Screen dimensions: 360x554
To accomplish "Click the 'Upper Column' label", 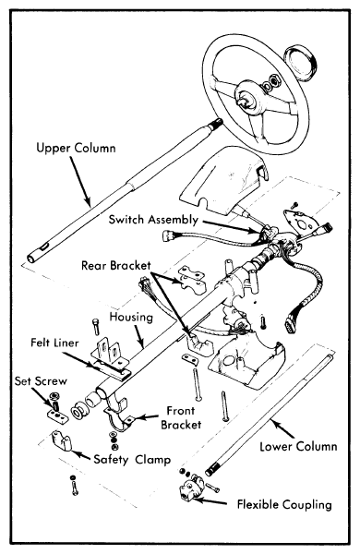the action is [76, 148].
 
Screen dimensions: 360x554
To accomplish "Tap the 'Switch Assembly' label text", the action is [153, 220].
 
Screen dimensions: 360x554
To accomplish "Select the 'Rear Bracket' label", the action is [116, 265].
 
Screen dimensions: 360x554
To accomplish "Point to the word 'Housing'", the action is [131, 317].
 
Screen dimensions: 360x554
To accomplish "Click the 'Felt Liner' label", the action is [54, 343].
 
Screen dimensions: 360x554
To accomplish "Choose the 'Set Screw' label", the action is [41, 380].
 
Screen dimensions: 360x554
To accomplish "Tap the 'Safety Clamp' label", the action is [132, 459].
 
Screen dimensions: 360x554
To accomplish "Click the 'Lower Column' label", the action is [298, 446].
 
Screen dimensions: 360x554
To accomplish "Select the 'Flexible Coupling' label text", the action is [284, 504].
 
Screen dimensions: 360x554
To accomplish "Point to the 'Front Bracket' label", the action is [181, 417].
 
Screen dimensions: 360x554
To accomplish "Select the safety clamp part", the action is [62, 440].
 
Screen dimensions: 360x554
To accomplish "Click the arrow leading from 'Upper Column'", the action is [80, 180].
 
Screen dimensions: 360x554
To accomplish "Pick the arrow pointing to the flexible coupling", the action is [210, 501].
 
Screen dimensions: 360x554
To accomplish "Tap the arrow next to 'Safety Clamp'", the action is [81, 455].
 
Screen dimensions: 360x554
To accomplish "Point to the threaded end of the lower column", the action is [212, 470].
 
